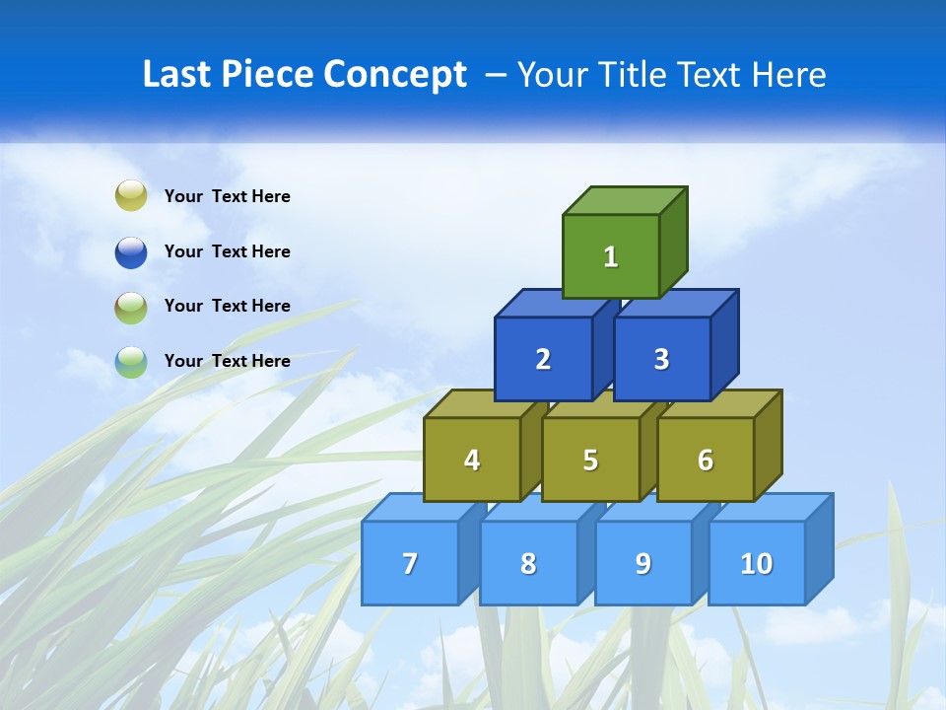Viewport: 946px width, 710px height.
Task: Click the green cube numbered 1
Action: (x=611, y=256)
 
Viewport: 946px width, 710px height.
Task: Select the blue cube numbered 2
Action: (x=543, y=359)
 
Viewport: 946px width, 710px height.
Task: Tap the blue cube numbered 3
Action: (x=661, y=359)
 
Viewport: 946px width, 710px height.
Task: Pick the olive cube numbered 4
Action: (x=472, y=460)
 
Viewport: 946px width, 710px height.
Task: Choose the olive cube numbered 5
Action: (x=590, y=460)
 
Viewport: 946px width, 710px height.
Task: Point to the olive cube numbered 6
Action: (x=705, y=460)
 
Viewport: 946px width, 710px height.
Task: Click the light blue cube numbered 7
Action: (x=410, y=563)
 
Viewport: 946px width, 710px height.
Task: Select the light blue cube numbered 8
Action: (x=528, y=563)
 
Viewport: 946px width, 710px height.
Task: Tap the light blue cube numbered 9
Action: (x=642, y=563)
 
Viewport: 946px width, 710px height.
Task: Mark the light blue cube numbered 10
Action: (x=756, y=563)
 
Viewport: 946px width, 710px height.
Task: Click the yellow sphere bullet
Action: (x=131, y=196)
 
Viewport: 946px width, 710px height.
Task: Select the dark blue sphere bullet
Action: (x=131, y=251)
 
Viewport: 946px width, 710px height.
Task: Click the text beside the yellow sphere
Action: (x=227, y=196)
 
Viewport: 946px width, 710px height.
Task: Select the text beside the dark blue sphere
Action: (x=227, y=251)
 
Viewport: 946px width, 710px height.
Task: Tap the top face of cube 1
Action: (x=625, y=200)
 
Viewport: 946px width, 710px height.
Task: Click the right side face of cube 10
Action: (x=819, y=548)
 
